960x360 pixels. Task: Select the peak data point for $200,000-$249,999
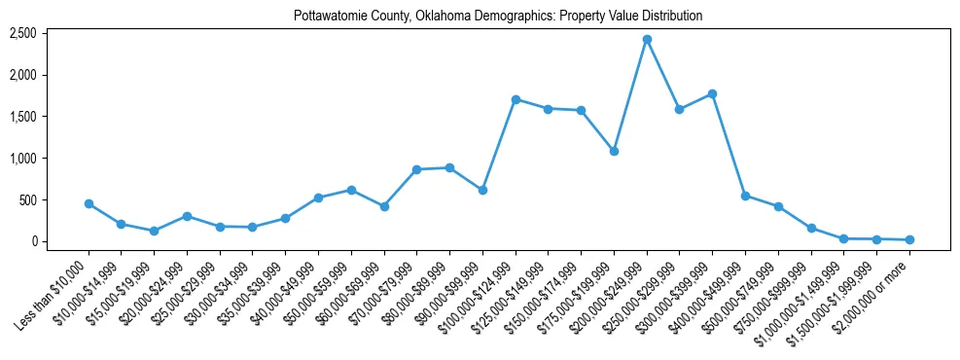pos(647,39)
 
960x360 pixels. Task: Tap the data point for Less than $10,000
pos(89,203)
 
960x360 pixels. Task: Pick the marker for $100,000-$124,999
pos(516,99)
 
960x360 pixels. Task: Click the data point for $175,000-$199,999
pos(614,151)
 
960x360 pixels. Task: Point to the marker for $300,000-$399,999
pos(712,93)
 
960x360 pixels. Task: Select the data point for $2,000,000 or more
pos(909,239)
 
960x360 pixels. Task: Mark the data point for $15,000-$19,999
pos(154,231)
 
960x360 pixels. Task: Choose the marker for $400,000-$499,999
pos(745,196)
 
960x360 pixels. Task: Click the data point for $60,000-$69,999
pos(384,206)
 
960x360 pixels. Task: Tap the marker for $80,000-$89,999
pos(449,167)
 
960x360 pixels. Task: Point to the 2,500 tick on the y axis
pos(51,33)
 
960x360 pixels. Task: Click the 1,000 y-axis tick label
pos(51,158)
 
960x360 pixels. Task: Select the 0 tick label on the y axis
pos(59,241)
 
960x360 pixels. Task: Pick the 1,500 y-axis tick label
pos(51,117)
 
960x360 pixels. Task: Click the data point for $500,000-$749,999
pos(778,206)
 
